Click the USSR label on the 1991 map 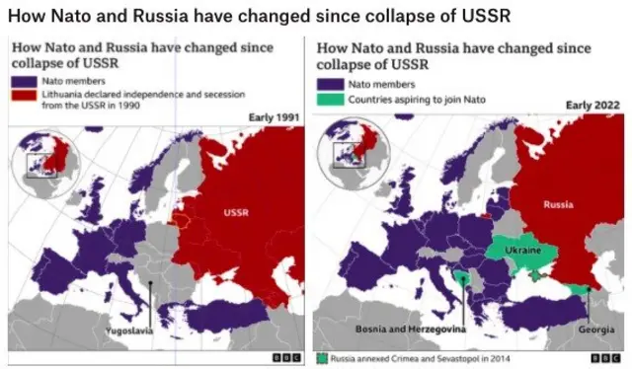pyautogui.click(x=236, y=211)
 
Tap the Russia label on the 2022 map pyautogui.click(x=559, y=204)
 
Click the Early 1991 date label pyautogui.click(x=273, y=119)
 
